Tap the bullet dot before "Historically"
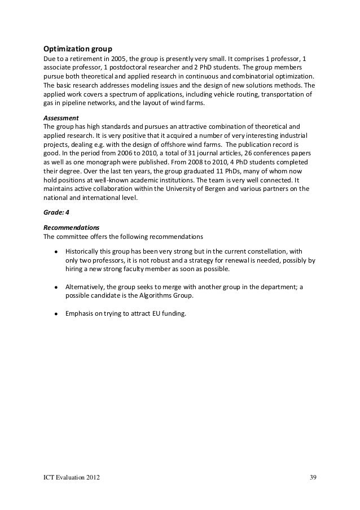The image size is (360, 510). pyautogui.click(x=56, y=251)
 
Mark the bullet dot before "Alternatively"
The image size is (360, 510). pyautogui.click(x=56, y=286)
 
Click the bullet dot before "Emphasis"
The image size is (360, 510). pyautogui.click(x=56, y=312)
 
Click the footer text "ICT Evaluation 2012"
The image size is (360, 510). pyautogui.click(x=73, y=480)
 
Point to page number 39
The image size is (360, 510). pyautogui.click(x=313, y=480)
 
